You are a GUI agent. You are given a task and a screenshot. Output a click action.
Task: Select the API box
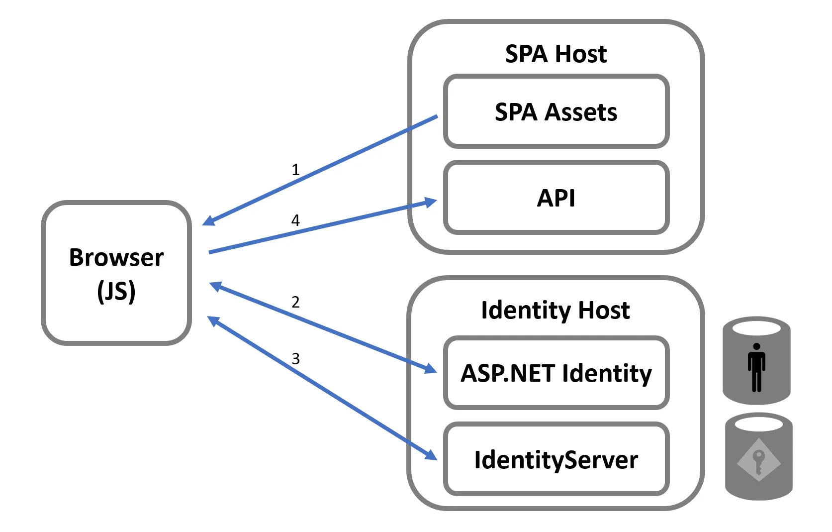click(x=556, y=198)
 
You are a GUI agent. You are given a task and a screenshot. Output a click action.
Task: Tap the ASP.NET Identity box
click(x=556, y=373)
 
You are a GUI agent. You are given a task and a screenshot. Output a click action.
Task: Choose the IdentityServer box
click(x=556, y=459)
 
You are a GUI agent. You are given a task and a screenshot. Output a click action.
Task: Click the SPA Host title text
click(x=555, y=54)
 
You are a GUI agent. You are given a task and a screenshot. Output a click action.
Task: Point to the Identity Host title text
click(x=555, y=310)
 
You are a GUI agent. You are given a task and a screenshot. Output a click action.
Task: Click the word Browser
click(x=116, y=258)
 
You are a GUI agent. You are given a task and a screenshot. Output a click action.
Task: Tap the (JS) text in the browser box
click(x=116, y=291)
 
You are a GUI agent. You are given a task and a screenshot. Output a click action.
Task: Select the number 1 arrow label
click(x=295, y=170)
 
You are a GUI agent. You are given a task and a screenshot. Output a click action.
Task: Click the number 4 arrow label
click(x=295, y=220)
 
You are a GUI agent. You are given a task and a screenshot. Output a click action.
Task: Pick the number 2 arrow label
click(x=295, y=302)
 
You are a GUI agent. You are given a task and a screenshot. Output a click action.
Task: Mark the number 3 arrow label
click(x=295, y=358)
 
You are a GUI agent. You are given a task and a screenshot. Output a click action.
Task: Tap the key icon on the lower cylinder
click(x=758, y=460)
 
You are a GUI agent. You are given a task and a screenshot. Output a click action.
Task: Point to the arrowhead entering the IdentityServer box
click(x=431, y=455)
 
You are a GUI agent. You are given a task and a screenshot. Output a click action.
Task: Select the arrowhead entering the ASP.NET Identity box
click(x=431, y=369)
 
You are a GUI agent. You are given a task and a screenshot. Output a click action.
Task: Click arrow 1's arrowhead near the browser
click(x=209, y=221)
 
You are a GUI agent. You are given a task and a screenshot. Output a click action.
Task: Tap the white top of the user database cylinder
click(x=756, y=328)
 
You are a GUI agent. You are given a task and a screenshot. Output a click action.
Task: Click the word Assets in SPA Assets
click(x=580, y=112)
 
